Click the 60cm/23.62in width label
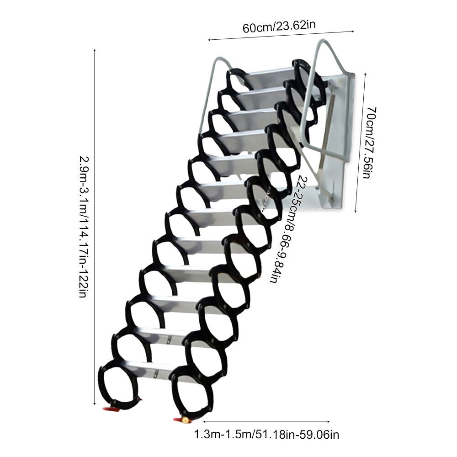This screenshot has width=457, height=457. (x=279, y=26)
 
